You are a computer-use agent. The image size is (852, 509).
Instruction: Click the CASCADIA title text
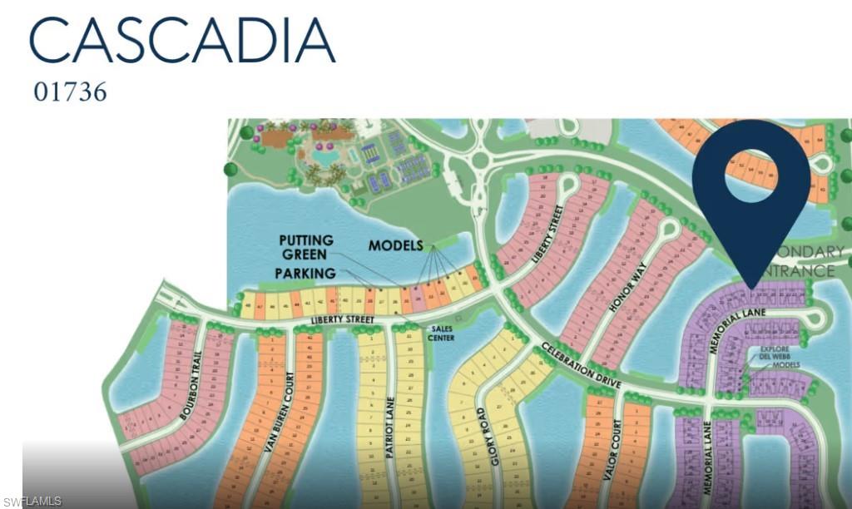(182, 41)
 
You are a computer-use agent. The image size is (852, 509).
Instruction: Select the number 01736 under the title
(71, 91)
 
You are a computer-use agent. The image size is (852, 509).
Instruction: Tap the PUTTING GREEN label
(306, 248)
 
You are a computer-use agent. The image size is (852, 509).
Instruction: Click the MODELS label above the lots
(395, 246)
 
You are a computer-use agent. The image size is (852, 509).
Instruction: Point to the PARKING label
(307, 273)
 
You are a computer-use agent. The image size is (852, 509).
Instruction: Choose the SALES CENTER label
(441, 333)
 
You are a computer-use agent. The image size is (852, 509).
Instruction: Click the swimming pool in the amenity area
(325, 156)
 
